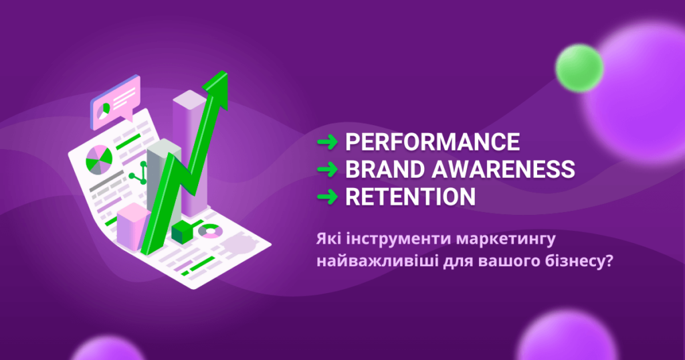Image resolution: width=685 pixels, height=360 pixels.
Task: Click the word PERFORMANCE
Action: pos(433,142)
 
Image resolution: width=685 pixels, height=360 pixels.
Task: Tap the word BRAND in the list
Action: pos(385,169)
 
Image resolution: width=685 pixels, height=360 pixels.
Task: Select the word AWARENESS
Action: pos(503,169)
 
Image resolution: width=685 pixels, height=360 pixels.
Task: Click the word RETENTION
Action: pos(410,197)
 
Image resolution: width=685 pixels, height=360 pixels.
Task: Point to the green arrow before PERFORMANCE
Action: pos(327,142)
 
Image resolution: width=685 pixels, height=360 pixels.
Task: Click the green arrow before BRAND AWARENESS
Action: pos(327,169)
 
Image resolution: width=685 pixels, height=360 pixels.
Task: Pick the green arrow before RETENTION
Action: pos(327,197)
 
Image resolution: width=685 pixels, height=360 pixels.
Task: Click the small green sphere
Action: pos(580,68)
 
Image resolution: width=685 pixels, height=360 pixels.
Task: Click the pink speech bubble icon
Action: pos(115,102)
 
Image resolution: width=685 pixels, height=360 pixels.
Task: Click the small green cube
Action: pos(182,232)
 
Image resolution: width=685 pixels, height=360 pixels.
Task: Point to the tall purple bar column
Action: pos(191,153)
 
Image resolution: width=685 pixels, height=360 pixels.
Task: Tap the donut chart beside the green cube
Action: pos(210,231)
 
